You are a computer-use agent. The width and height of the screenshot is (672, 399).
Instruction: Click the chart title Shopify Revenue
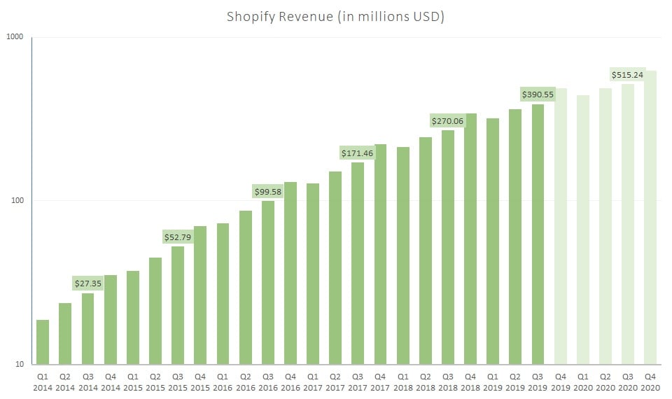click(335, 16)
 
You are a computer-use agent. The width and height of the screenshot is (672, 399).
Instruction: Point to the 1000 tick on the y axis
click(15, 37)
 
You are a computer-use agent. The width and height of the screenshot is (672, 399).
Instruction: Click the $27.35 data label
click(87, 283)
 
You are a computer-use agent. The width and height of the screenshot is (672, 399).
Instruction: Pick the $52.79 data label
click(178, 237)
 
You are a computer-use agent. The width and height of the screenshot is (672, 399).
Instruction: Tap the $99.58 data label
click(267, 191)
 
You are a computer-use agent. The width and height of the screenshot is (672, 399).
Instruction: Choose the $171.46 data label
click(357, 153)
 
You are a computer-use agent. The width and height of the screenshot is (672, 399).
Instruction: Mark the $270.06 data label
click(447, 120)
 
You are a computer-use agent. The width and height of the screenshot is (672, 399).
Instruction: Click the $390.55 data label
click(538, 94)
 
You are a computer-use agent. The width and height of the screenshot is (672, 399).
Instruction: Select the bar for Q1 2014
click(43, 342)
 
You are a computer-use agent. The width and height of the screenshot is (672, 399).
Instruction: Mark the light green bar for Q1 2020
click(583, 230)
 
